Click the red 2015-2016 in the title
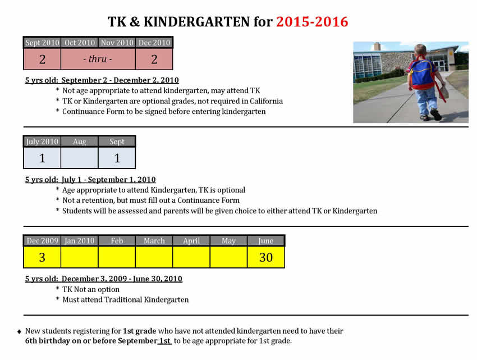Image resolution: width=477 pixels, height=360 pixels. point(312,22)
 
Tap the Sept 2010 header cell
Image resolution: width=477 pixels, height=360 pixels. point(42,43)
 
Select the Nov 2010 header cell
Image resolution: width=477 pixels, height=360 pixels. point(117,43)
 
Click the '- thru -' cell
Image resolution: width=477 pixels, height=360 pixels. point(98,59)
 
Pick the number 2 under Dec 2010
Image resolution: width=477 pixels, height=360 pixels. point(154,59)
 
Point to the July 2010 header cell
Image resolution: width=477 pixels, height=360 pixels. point(42,142)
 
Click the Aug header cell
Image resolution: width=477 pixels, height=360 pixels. point(79,142)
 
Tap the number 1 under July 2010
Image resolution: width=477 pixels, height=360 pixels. point(42,158)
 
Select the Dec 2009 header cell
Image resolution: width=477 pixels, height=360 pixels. point(42,241)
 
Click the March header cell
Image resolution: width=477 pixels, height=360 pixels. point(154,241)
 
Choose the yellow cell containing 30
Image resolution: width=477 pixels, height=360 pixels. point(266,257)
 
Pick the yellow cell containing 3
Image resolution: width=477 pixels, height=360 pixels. point(42,257)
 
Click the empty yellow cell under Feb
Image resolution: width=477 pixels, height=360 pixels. point(117,257)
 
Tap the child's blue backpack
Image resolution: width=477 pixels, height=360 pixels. point(422,71)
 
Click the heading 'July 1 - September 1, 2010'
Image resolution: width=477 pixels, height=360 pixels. point(109,180)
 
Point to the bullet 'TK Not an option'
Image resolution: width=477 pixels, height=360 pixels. point(91,289)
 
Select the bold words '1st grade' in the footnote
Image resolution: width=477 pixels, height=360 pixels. point(139,331)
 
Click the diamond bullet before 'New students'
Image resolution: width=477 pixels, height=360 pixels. point(20,332)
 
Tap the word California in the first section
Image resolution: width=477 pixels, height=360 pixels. point(263,101)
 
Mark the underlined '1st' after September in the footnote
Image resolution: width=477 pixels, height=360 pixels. point(165,341)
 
